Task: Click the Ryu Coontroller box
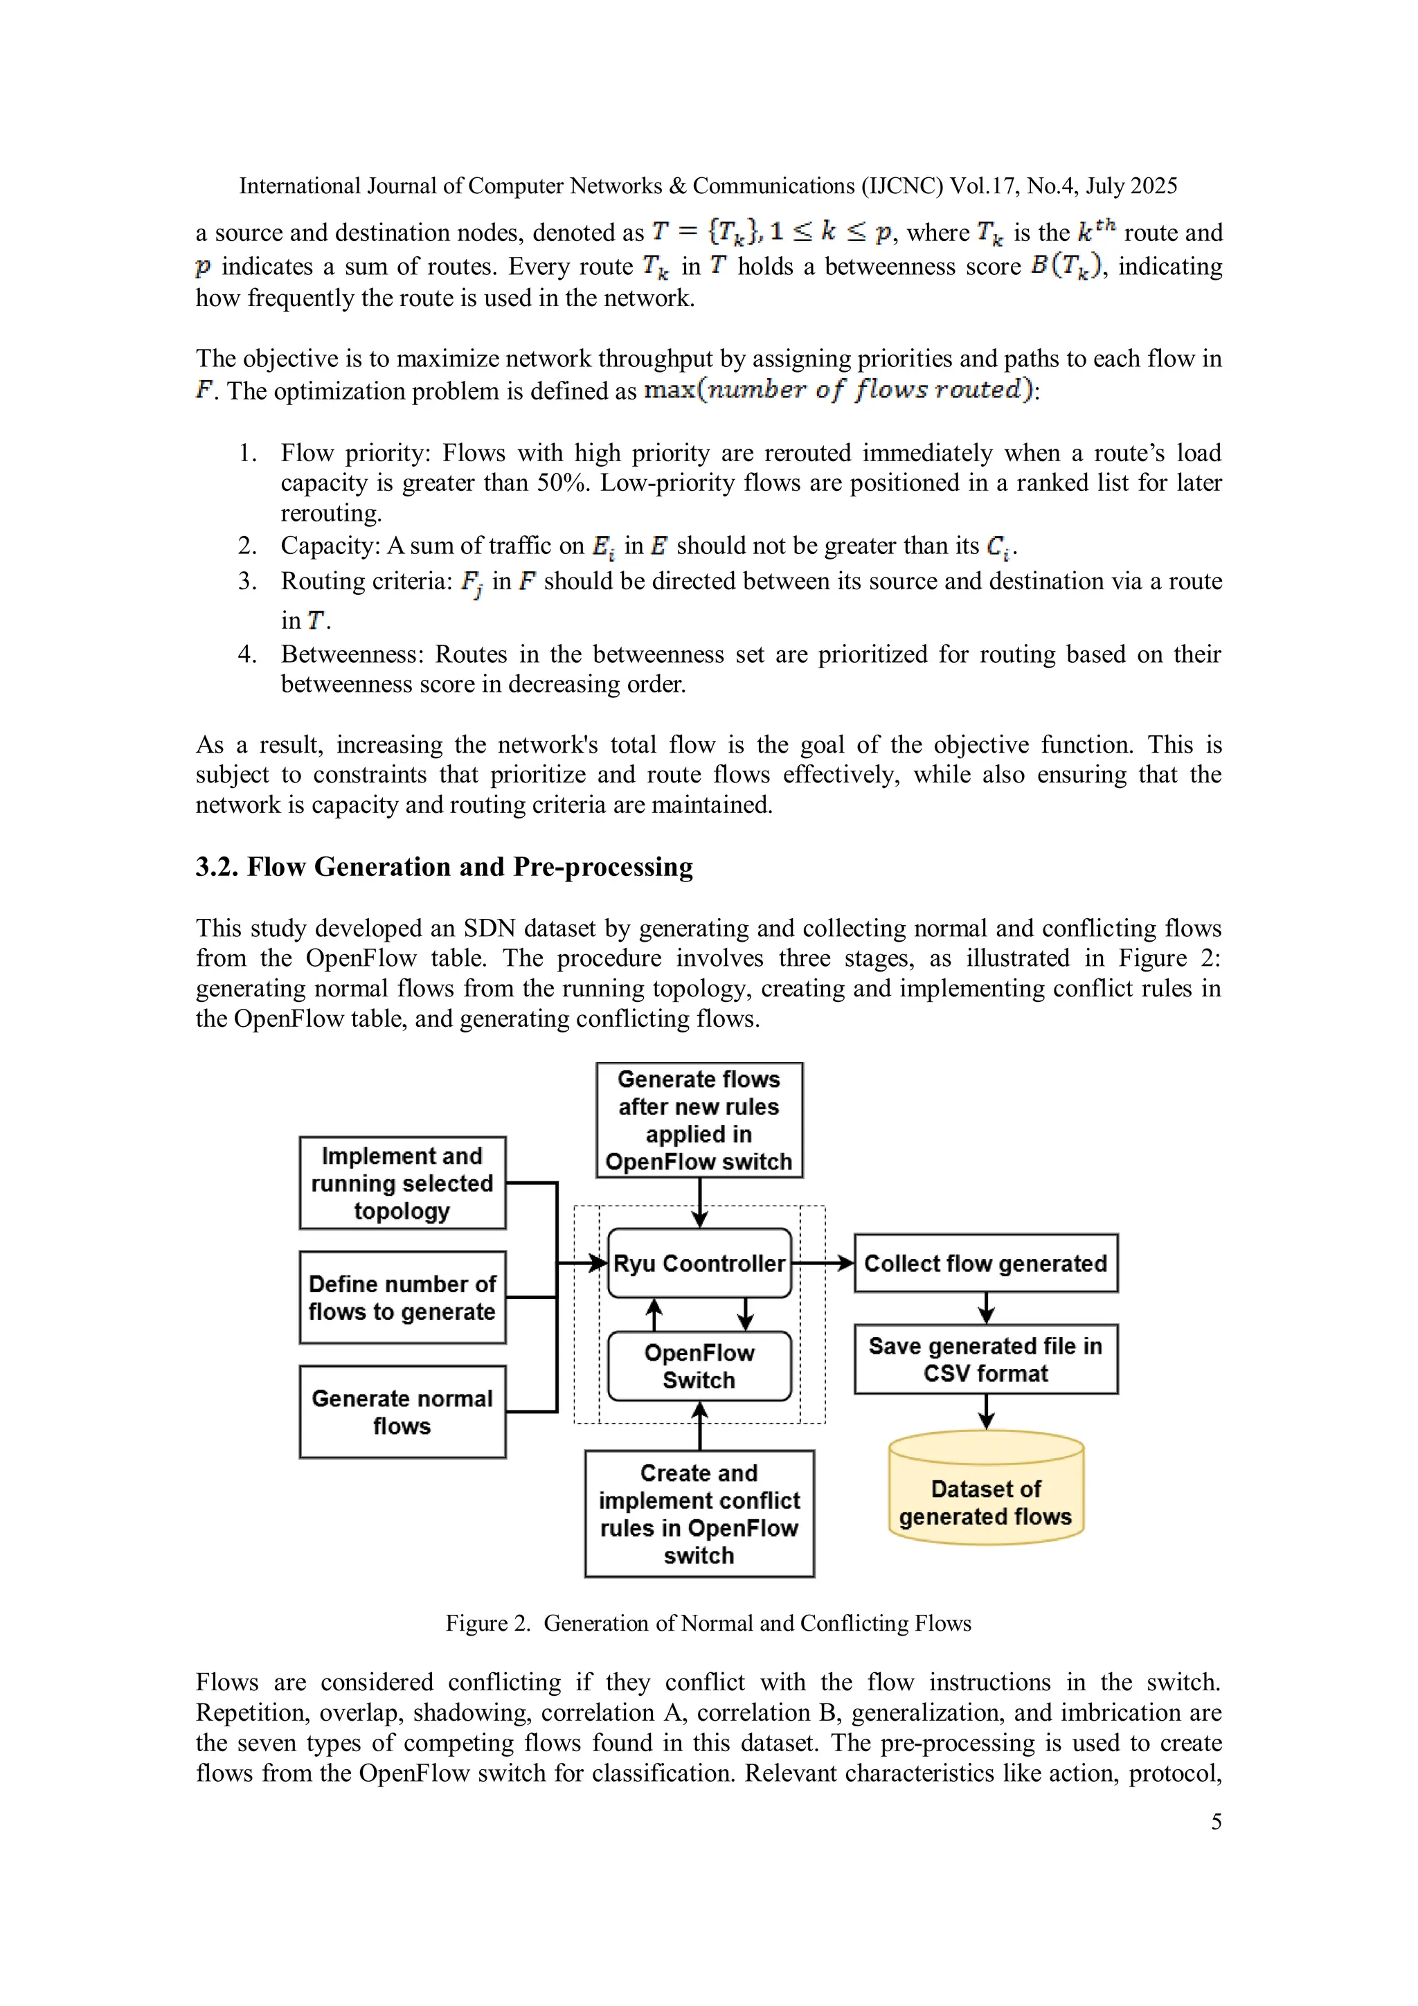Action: pyautogui.click(x=699, y=1264)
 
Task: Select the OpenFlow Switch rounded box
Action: pyautogui.click(x=699, y=1366)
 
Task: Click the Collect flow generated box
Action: pyautogui.click(x=985, y=1264)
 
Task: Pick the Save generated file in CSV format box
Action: pyautogui.click(x=985, y=1359)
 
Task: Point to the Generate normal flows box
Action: pyautogui.click(x=402, y=1412)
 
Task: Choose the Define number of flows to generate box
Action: pyautogui.click(x=402, y=1298)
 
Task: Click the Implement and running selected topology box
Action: pyautogui.click(x=402, y=1183)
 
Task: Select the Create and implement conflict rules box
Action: pyautogui.click(x=699, y=1514)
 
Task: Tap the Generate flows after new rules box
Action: pyautogui.click(x=699, y=1120)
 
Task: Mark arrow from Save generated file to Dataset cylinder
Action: pyautogui.click(x=985, y=1412)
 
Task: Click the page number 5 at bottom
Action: pyautogui.click(x=1215, y=1822)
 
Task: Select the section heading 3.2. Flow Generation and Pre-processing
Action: pyautogui.click(x=444, y=867)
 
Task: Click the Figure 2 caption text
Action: pyautogui.click(x=708, y=1622)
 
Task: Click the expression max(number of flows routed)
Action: pyautogui.click(x=838, y=390)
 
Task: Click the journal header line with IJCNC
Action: pyautogui.click(x=708, y=186)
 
